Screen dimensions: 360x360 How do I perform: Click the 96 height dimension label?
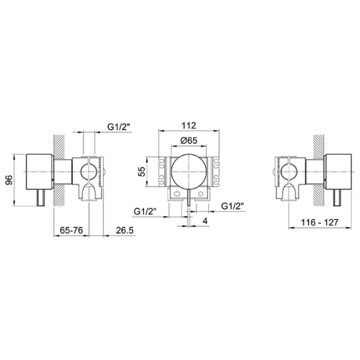[9, 180]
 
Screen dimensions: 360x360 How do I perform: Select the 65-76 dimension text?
[71, 230]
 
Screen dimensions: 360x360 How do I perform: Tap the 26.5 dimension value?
[124, 230]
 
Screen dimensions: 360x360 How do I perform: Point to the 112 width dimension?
[189, 125]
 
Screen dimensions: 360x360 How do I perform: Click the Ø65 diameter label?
[189, 140]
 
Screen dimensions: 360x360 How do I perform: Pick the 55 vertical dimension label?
[143, 171]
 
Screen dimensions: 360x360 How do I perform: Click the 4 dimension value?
[205, 221]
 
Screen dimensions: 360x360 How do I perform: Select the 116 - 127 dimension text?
[320, 222]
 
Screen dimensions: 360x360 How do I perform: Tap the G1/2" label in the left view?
[119, 127]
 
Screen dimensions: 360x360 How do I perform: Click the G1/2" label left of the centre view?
[145, 211]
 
